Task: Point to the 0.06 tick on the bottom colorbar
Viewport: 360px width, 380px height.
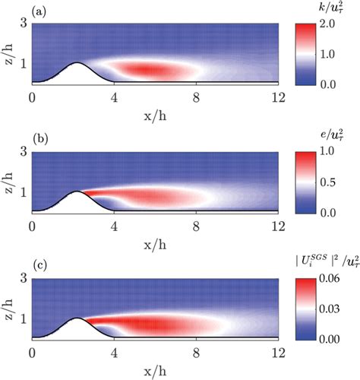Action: [x=339, y=278]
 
